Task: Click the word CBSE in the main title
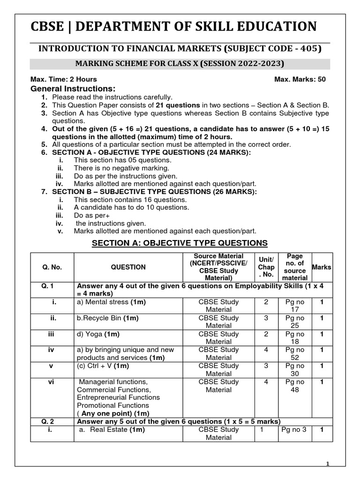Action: (50, 27)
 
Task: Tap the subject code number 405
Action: (309, 48)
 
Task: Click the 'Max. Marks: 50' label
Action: (300, 79)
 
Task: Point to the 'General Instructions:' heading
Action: (73, 89)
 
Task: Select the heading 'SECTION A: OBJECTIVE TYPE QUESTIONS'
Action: (180, 243)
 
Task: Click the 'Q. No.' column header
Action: (52, 267)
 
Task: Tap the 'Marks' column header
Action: (321, 267)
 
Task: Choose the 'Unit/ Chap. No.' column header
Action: (266, 267)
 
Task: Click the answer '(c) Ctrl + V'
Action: (104, 366)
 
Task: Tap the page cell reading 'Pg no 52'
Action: (294, 354)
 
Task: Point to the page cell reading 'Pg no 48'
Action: (294, 386)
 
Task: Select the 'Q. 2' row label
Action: (52, 421)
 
